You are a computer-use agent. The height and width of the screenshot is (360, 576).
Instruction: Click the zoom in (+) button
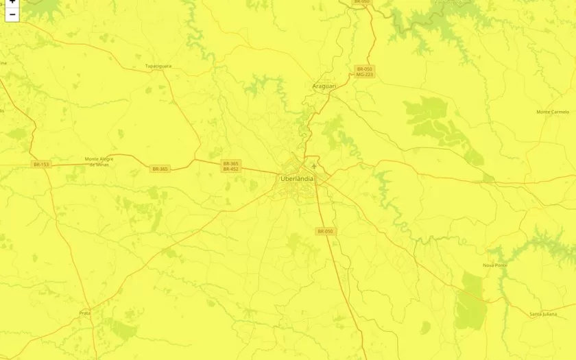tap(12, 2)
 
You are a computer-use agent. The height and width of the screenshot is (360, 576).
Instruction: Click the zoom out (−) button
tap(12, 14)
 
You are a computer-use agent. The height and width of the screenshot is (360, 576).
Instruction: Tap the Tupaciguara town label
tap(158, 67)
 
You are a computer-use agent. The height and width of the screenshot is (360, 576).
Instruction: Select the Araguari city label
tap(324, 86)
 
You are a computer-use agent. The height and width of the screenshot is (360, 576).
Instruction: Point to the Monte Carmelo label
tap(553, 112)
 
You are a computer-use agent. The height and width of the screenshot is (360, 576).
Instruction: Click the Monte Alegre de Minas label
tap(97, 162)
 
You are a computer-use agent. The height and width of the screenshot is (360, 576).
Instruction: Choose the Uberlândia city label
tap(297, 179)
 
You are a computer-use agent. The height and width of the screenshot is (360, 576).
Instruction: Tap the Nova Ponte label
tap(494, 265)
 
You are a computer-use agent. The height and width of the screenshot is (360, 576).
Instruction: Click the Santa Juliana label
tap(543, 314)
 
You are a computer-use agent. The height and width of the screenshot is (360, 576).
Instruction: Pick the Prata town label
tap(85, 313)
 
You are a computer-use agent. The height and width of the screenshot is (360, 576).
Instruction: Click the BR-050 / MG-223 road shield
tap(364, 71)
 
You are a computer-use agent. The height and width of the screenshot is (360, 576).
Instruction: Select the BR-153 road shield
tap(41, 165)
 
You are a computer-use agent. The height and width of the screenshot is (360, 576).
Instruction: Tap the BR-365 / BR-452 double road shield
tap(230, 166)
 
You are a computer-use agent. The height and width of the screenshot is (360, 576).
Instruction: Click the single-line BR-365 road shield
tap(160, 169)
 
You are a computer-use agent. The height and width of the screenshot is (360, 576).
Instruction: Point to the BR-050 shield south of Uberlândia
tap(325, 232)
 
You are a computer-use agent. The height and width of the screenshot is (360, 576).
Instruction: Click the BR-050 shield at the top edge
tap(361, 2)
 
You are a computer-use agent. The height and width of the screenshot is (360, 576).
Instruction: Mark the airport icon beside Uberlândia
tap(314, 165)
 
